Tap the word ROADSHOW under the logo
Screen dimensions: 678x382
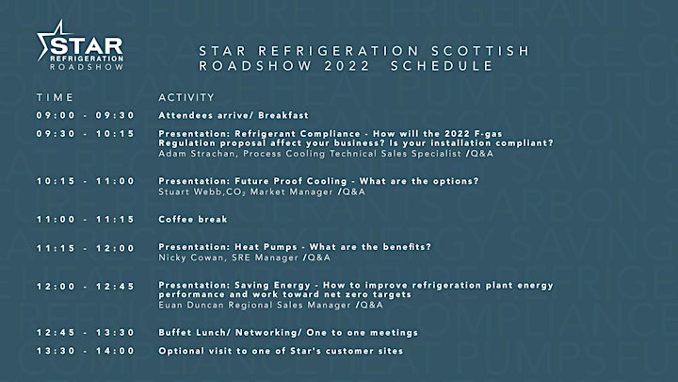click(x=87, y=67)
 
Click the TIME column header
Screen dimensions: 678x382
click(x=55, y=97)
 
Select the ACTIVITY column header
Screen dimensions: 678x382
click(x=186, y=97)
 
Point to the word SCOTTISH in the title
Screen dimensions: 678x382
click(x=480, y=51)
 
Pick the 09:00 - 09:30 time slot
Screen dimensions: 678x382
click(x=86, y=115)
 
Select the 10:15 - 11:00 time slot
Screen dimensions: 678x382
click(x=86, y=181)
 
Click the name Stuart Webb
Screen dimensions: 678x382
click(x=190, y=191)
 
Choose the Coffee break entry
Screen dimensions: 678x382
click(x=193, y=219)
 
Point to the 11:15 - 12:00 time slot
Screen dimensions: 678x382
click(x=86, y=248)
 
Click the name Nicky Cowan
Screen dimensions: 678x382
click(x=191, y=257)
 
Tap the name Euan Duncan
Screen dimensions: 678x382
click(x=191, y=305)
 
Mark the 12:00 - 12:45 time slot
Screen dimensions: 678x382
click(x=86, y=287)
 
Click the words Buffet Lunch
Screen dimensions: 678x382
click(x=191, y=333)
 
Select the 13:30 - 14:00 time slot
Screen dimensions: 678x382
click(x=86, y=351)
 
